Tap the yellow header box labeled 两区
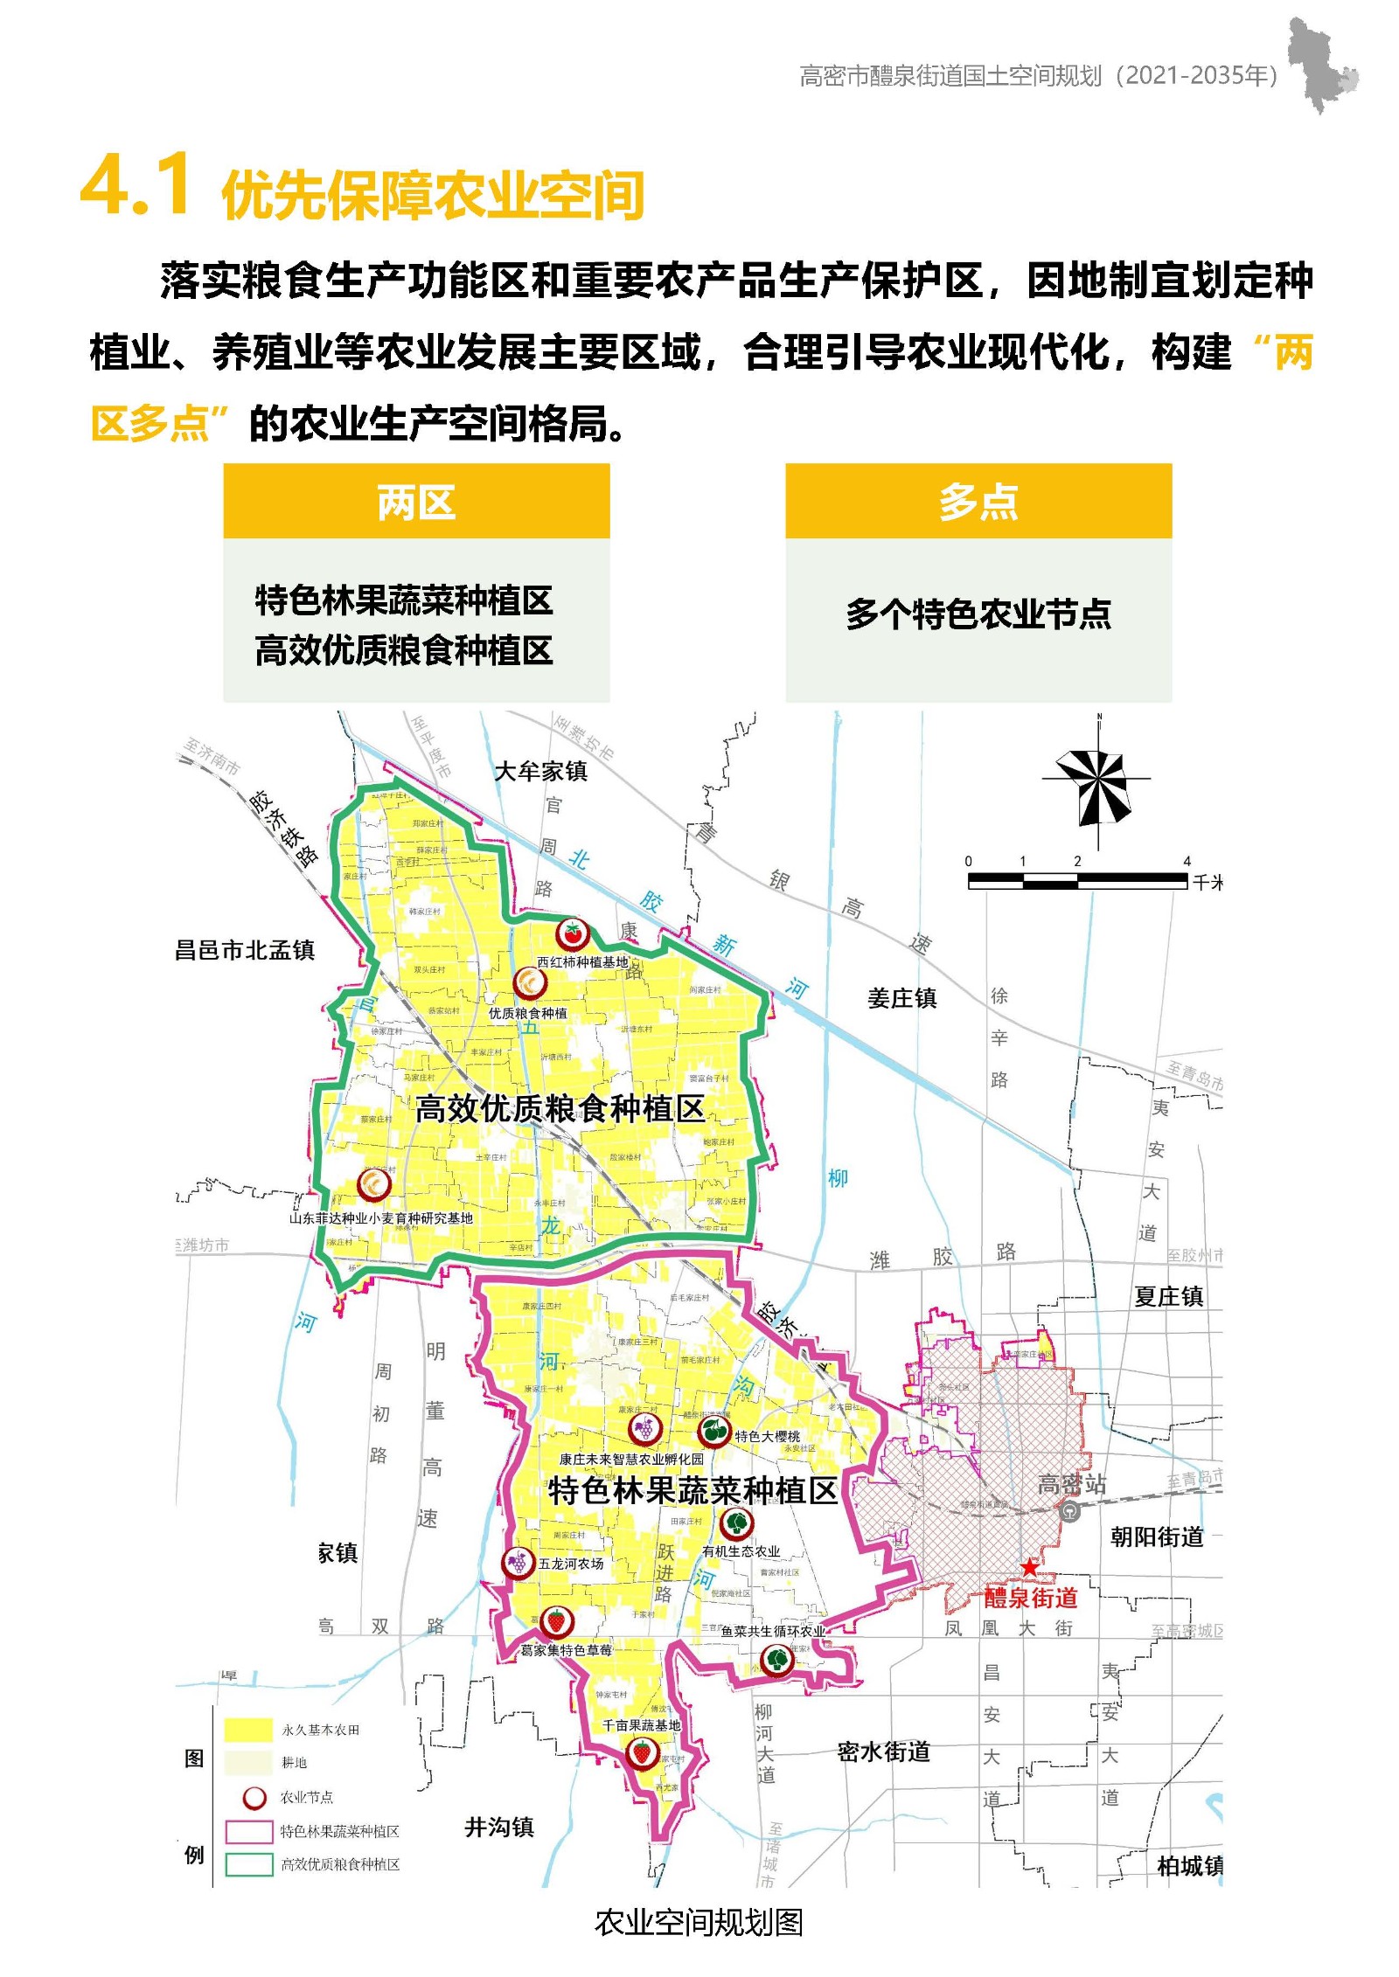(x=416, y=502)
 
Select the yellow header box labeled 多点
(x=978, y=502)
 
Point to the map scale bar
(x=1077, y=881)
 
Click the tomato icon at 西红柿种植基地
(x=573, y=933)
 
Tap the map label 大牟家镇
(x=540, y=771)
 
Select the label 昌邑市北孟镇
(x=245, y=950)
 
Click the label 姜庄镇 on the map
(x=901, y=998)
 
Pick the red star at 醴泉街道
(x=1029, y=1567)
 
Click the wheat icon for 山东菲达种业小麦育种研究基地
(x=374, y=1185)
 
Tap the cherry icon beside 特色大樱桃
(x=713, y=1432)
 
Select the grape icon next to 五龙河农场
(x=517, y=1562)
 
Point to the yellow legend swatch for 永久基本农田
(x=248, y=1730)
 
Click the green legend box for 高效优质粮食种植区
(x=249, y=1864)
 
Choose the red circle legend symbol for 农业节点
(x=254, y=1798)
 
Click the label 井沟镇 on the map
(x=498, y=1826)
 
